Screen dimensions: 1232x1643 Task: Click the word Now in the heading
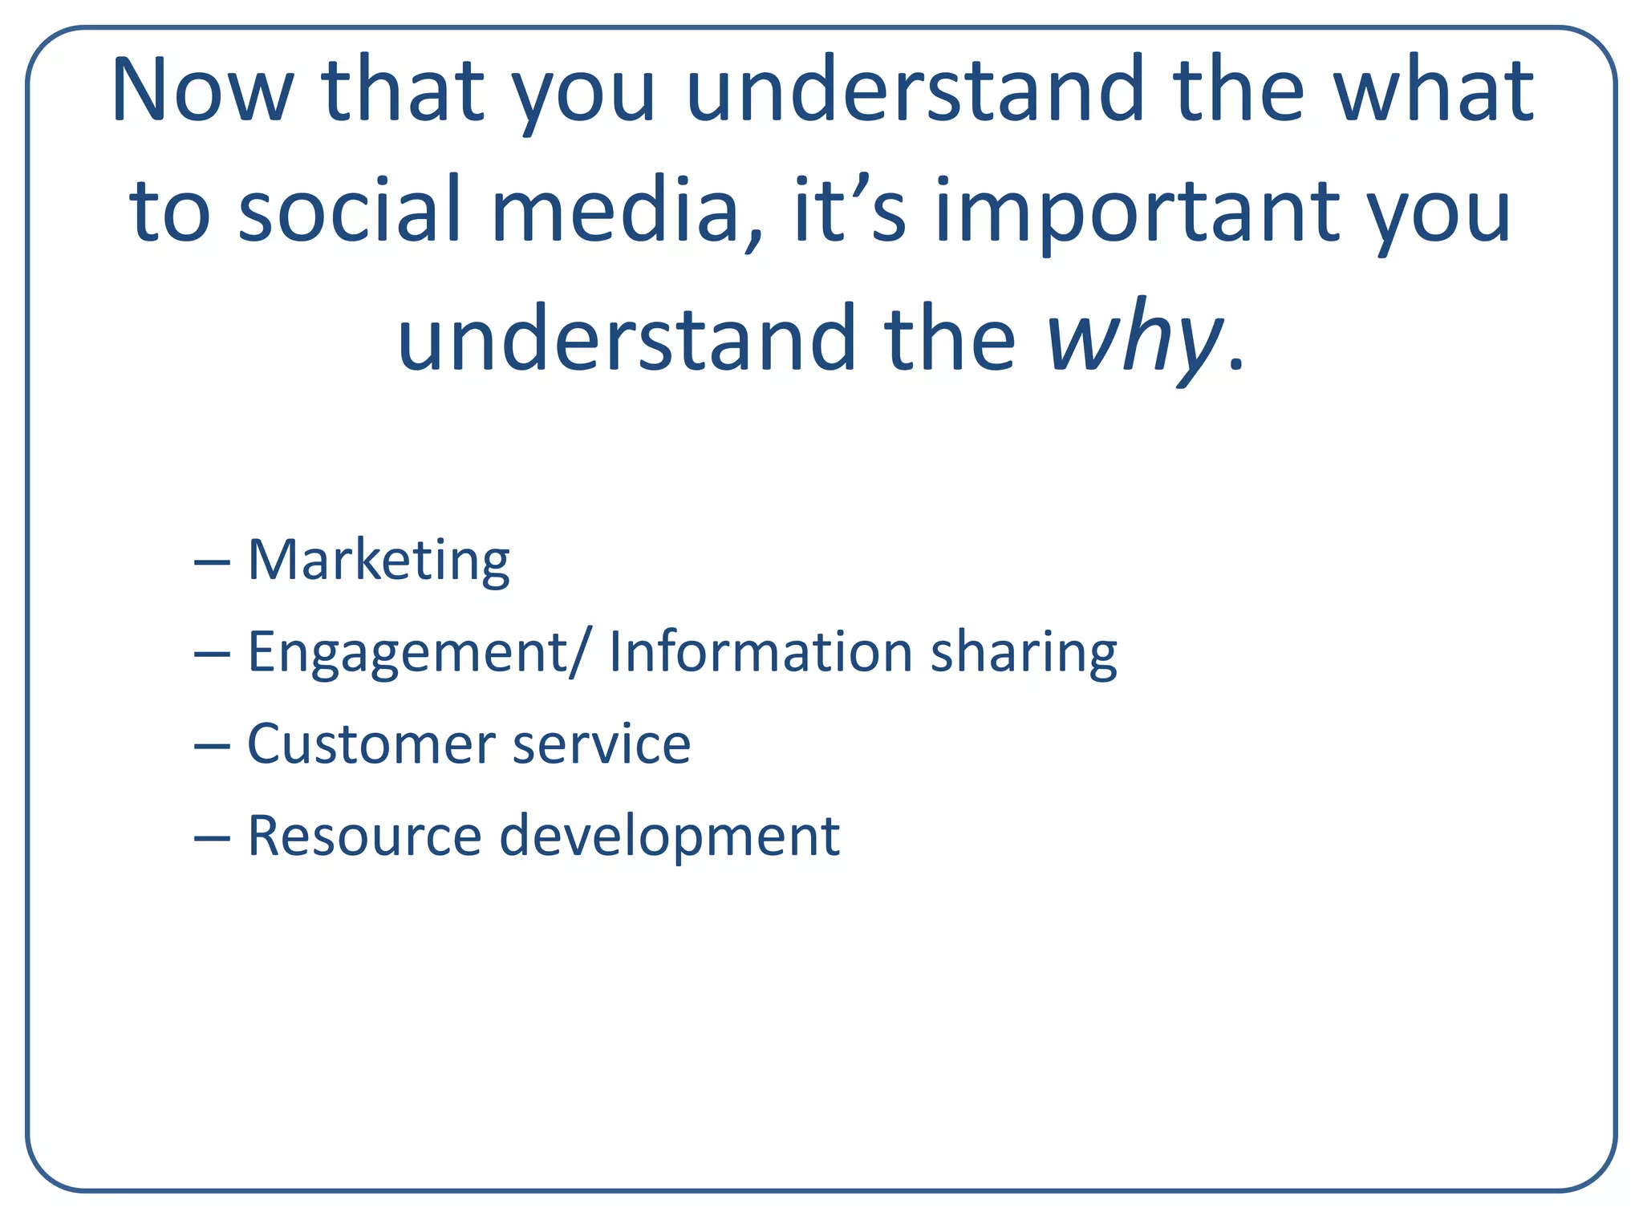tap(202, 90)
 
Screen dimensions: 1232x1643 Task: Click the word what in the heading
tap(1434, 90)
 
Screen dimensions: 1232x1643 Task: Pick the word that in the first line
tap(404, 90)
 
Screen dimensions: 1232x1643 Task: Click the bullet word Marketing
tap(378, 561)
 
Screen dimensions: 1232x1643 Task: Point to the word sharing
tap(1023, 653)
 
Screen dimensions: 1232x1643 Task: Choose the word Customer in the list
tap(371, 744)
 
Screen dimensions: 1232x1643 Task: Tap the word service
tap(601, 744)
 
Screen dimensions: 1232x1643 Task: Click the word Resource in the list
tap(364, 836)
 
